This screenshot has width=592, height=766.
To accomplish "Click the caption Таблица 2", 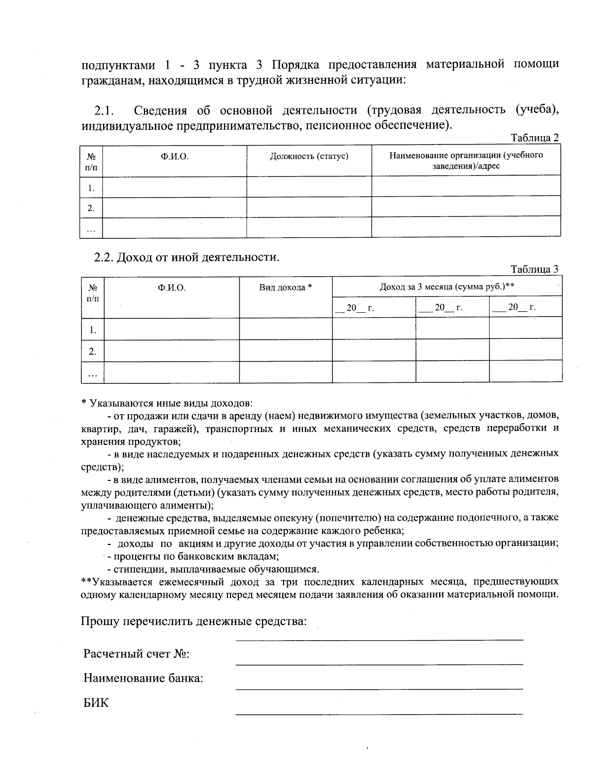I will [535, 138].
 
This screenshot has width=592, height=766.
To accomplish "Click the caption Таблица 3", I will [535, 269].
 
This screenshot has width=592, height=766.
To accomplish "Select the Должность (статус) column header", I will [309, 156].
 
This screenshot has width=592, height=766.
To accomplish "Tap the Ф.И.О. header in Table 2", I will [174, 156].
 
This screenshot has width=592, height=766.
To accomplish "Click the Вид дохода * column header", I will [286, 288].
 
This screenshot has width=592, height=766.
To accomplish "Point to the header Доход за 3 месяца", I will [447, 287].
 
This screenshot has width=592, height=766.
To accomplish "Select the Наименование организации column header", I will [466, 160].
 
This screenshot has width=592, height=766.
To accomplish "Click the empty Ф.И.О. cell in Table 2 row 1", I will [174, 186].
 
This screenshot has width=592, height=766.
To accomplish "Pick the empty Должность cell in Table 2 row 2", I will [309, 207].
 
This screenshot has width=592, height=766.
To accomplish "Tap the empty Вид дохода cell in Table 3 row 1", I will [286, 328].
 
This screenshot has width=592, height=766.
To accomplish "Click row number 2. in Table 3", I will [92, 351].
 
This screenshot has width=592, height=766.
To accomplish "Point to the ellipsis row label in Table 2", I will [91, 228].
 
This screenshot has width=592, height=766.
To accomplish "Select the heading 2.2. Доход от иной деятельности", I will [187, 257].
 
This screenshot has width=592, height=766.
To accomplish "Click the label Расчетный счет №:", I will [137, 654].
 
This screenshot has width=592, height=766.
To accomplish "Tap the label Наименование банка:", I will [144, 678].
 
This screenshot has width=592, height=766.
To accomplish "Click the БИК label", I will [96, 703].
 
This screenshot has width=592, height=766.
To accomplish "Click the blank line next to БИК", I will [379, 712].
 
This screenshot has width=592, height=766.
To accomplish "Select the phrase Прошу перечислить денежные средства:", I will [194, 620].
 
